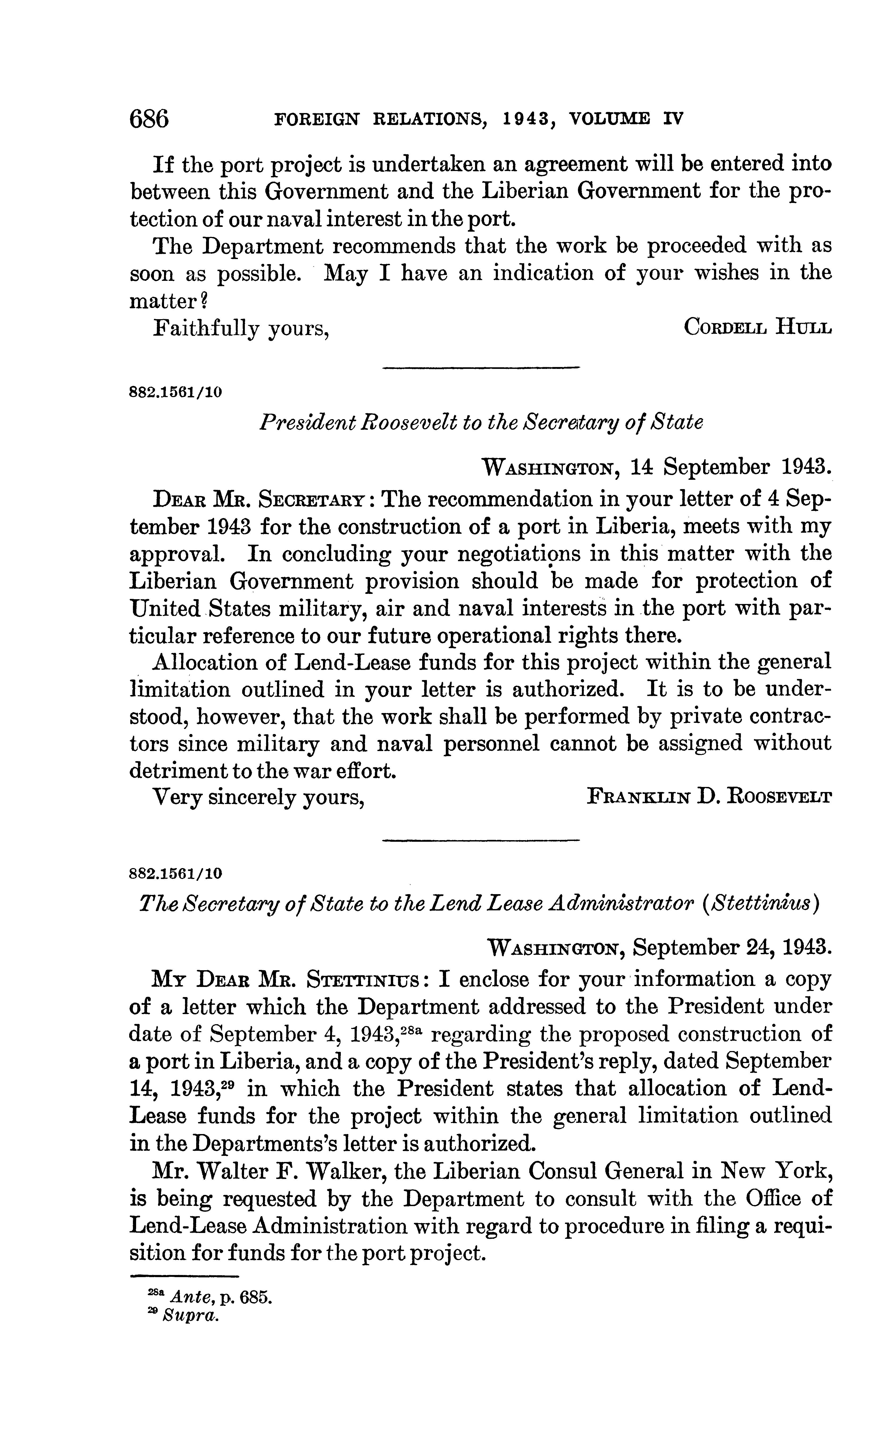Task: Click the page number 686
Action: coord(149,119)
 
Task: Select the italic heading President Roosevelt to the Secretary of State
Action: coord(481,422)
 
